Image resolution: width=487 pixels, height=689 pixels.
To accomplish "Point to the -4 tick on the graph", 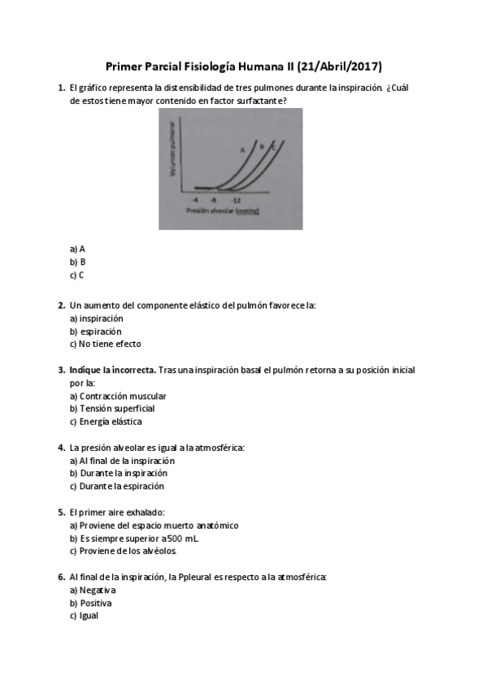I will click(x=194, y=198).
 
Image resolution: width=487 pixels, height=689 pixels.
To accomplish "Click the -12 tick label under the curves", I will click(x=236, y=198).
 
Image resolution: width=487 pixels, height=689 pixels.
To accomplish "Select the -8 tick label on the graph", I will click(x=213, y=198).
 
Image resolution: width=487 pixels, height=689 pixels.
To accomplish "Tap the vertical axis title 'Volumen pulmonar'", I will click(x=172, y=150).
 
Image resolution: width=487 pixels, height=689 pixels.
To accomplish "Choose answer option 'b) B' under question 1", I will click(x=78, y=262).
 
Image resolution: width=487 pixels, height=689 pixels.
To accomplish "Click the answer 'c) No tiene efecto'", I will click(x=105, y=344).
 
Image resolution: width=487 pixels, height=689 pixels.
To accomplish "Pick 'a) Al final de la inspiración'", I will click(x=122, y=461).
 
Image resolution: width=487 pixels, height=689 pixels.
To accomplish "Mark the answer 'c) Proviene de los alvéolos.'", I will click(x=123, y=551).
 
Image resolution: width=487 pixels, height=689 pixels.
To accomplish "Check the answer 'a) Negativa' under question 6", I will click(x=93, y=590).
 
